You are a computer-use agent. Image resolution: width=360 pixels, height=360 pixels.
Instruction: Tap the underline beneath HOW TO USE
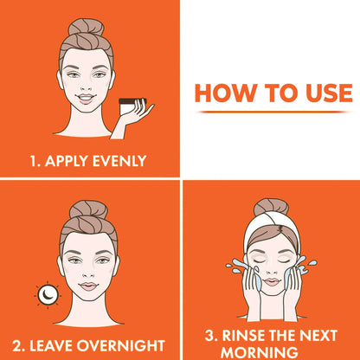pyautogui.click(x=273, y=112)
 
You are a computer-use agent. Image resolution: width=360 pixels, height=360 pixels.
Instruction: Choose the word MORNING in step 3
pyautogui.click(x=272, y=351)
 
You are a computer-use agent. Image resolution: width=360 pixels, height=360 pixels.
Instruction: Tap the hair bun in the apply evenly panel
pyautogui.click(x=87, y=28)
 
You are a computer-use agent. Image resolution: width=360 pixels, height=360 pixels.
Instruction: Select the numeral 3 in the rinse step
pyautogui.click(x=209, y=335)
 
